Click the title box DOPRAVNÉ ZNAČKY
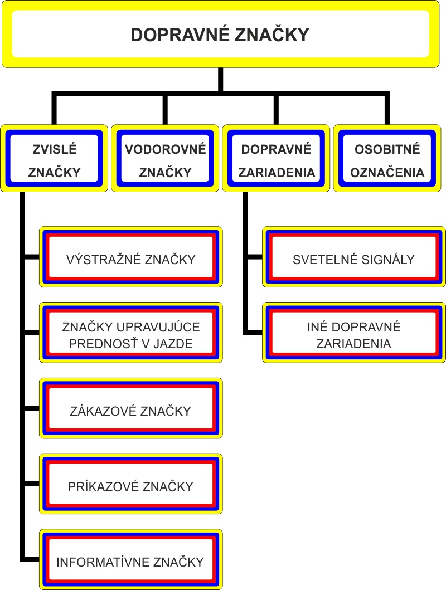[x=220, y=34]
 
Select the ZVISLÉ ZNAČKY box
[x=54, y=160]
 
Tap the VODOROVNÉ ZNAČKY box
[x=165, y=160]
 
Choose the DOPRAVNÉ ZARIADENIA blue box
[x=277, y=160]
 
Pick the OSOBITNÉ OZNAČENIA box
[x=388, y=160]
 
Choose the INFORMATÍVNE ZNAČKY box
[x=130, y=560]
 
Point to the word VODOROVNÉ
[x=165, y=149]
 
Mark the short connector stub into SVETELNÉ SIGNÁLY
[x=254, y=257]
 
